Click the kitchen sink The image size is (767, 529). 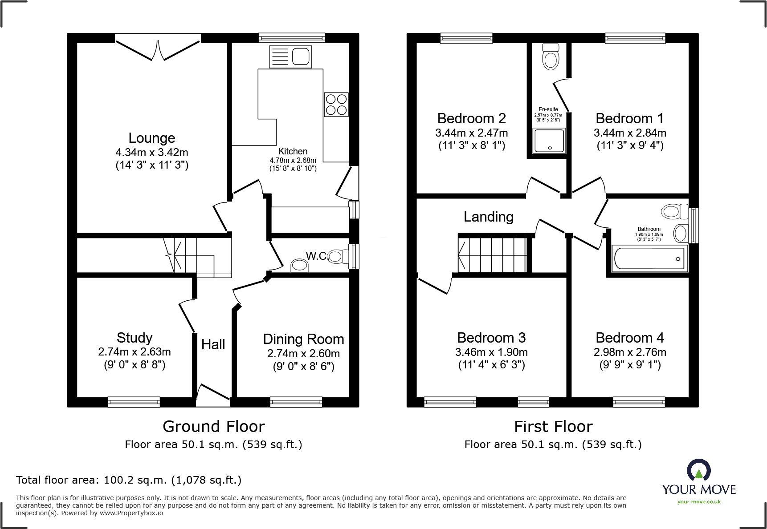pos(290,57)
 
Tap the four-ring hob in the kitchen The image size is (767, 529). pos(336,105)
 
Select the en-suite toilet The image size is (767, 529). pos(551,57)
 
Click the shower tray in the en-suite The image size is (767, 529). pos(549,141)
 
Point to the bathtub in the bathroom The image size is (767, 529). pos(650,258)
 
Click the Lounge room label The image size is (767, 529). pos(152,138)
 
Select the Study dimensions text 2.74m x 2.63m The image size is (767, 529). pos(135,351)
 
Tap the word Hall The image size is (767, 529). pos(213,344)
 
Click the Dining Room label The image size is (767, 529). pos(303,339)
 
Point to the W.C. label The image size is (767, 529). pos(317,256)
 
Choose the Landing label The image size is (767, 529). pos(489,217)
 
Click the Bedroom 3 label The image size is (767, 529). pos(491,338)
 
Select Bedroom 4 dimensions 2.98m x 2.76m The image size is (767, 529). pos(630,352)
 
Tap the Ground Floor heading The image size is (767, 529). pos(214,427)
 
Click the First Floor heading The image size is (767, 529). pos(553,427)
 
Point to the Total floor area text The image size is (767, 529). pos(129,480)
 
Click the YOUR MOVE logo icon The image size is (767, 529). pos(698,470)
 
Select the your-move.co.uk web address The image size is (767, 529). pos(699,502)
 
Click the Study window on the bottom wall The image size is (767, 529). pos(134,402)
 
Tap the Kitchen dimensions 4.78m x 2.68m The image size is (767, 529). pos(293,160)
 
